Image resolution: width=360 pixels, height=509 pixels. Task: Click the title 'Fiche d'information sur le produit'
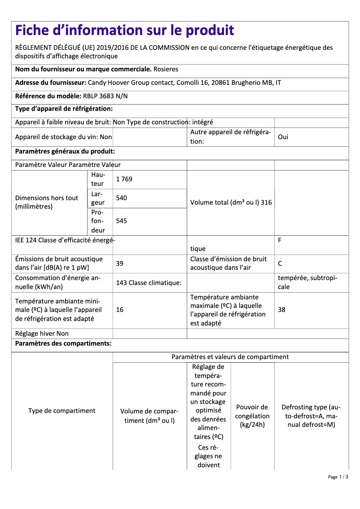pyautogui.click(x=125, y=31)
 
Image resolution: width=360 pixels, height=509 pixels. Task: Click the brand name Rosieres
pyautogui.click(x=166, y=70)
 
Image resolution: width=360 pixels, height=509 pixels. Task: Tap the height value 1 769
pyautogui.click(x=124, y=179)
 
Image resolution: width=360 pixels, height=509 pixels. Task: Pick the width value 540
pyautogui.click(x=121, y=198)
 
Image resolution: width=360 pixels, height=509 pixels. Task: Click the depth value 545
pyautogui.click(x=121, y=221)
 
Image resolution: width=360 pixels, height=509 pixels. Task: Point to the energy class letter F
pyautogui.click(x=280, y=240)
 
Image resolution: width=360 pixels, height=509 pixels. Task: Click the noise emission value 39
pyautogui.click(x=120, y=263)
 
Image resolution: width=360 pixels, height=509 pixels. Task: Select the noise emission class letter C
pyautogui.click(x=280, y=263)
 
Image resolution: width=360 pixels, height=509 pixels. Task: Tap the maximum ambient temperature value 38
pyautogui.click(x=281, y=310)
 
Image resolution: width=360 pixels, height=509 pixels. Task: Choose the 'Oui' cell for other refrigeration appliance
pyautogui.click(x=283, y=137)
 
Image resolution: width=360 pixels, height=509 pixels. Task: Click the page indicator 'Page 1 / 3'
pyautogui.click(x=338, y=477)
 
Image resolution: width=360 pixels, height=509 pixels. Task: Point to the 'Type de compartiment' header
pyautogui.click(x=62, y=411)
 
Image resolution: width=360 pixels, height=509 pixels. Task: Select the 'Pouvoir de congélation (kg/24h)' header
pyautogui.click(x=252, y=416)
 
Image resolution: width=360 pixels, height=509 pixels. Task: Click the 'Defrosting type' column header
pyautogui.click(x=311, y=416)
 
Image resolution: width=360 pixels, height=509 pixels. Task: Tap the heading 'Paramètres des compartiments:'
pyautogui.click(x=63, y=344)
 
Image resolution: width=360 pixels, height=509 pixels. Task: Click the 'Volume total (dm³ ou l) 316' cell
pyautogui.click(x=231, y=202)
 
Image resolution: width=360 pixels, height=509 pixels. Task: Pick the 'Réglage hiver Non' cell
pyautogui.click(x=42, y=333)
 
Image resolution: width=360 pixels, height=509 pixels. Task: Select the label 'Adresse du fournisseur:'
pyautogui.click(x=51, y=83)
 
